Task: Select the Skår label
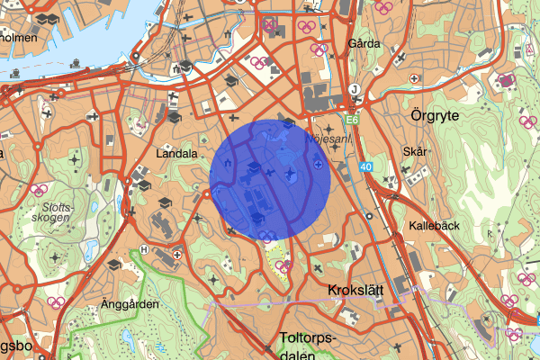point(414,153)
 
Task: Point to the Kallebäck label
point(433,226)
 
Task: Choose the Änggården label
point(130,304)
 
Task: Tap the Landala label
point(175,153)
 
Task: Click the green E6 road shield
point(351,118)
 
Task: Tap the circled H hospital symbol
point(145,249)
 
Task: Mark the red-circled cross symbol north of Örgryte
point(507,80)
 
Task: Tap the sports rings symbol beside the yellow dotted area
point(283,266)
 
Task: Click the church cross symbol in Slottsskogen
point(56,258)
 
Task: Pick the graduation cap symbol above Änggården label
point(114,265)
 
